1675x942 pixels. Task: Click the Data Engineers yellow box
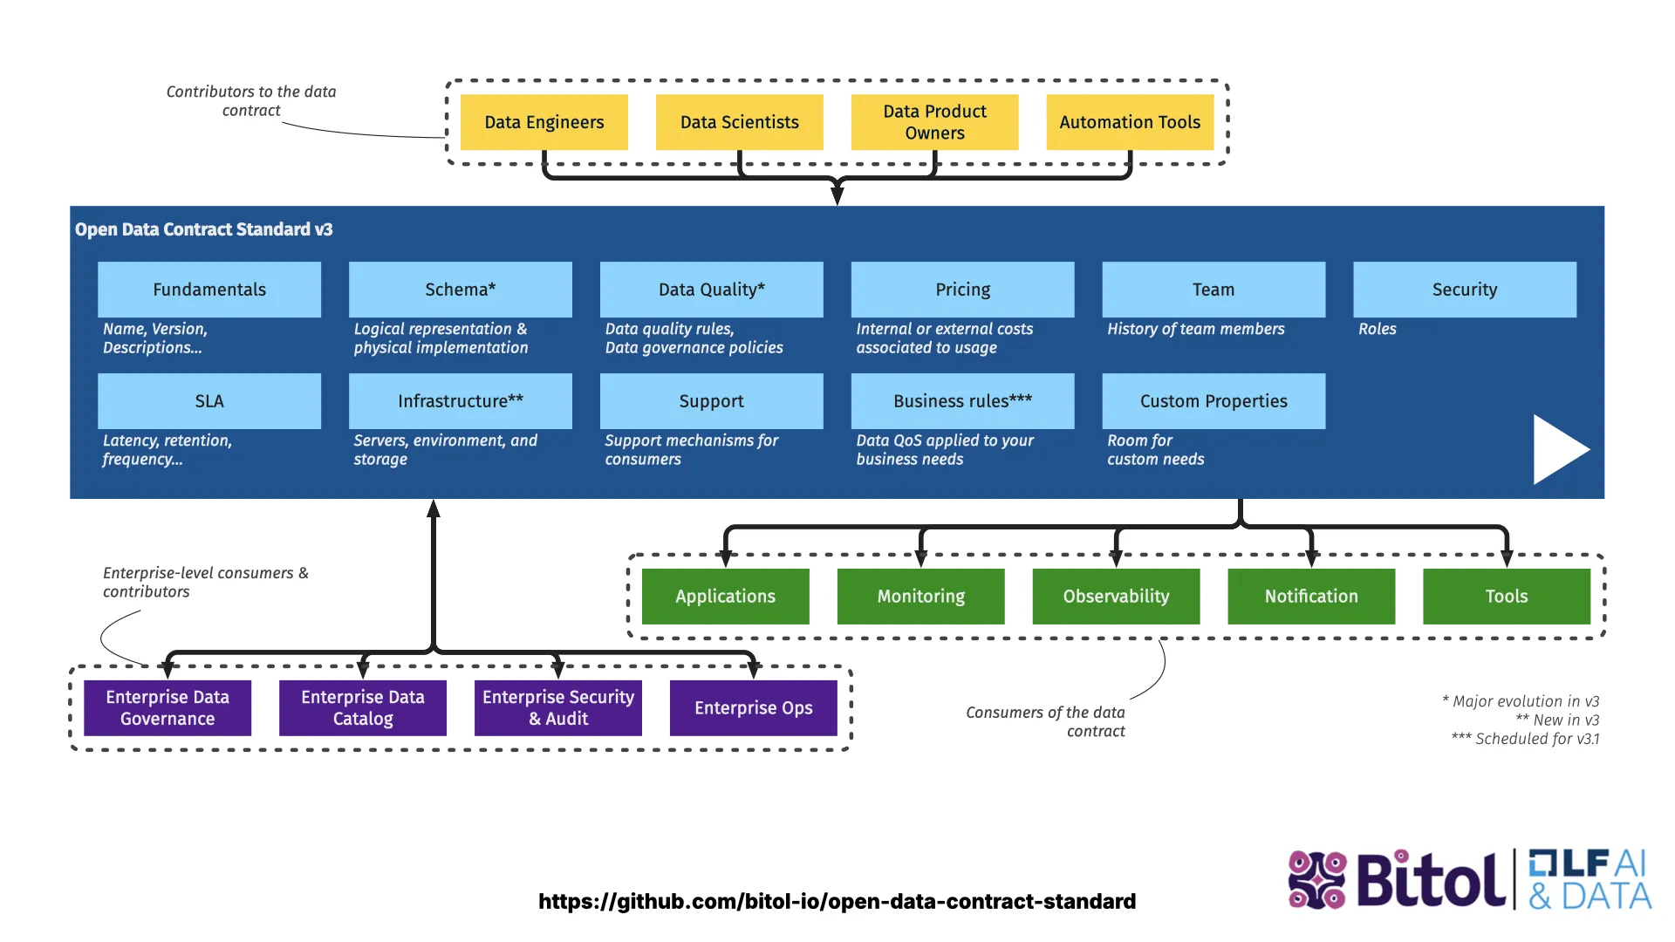pos(544,122)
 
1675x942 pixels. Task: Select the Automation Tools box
pos(1130,122)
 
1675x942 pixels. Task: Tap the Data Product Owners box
pos(934,122)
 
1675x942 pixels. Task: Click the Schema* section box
pos(460,290)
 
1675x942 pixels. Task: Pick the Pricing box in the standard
pos(962,290)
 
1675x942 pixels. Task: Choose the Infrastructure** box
pos(460,401)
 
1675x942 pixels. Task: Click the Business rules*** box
pos(962,401)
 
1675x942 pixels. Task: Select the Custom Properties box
pos(1214,401)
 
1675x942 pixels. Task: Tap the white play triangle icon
pos(1557,450)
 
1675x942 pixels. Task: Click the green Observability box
pos(1116,597)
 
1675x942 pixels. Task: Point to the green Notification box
pos(1311,597)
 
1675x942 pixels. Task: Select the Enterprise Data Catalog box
pos(362,708)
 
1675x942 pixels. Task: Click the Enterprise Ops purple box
pos(753,708)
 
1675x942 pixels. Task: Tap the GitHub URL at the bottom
pos(837,902)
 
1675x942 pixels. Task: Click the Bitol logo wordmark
pos(1431,881)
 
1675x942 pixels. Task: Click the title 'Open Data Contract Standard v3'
pos(203,229)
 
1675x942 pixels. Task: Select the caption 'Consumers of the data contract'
pos(1045,721)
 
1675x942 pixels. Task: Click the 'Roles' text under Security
pos(1377,329)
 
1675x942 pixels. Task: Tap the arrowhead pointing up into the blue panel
pos(434,509)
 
